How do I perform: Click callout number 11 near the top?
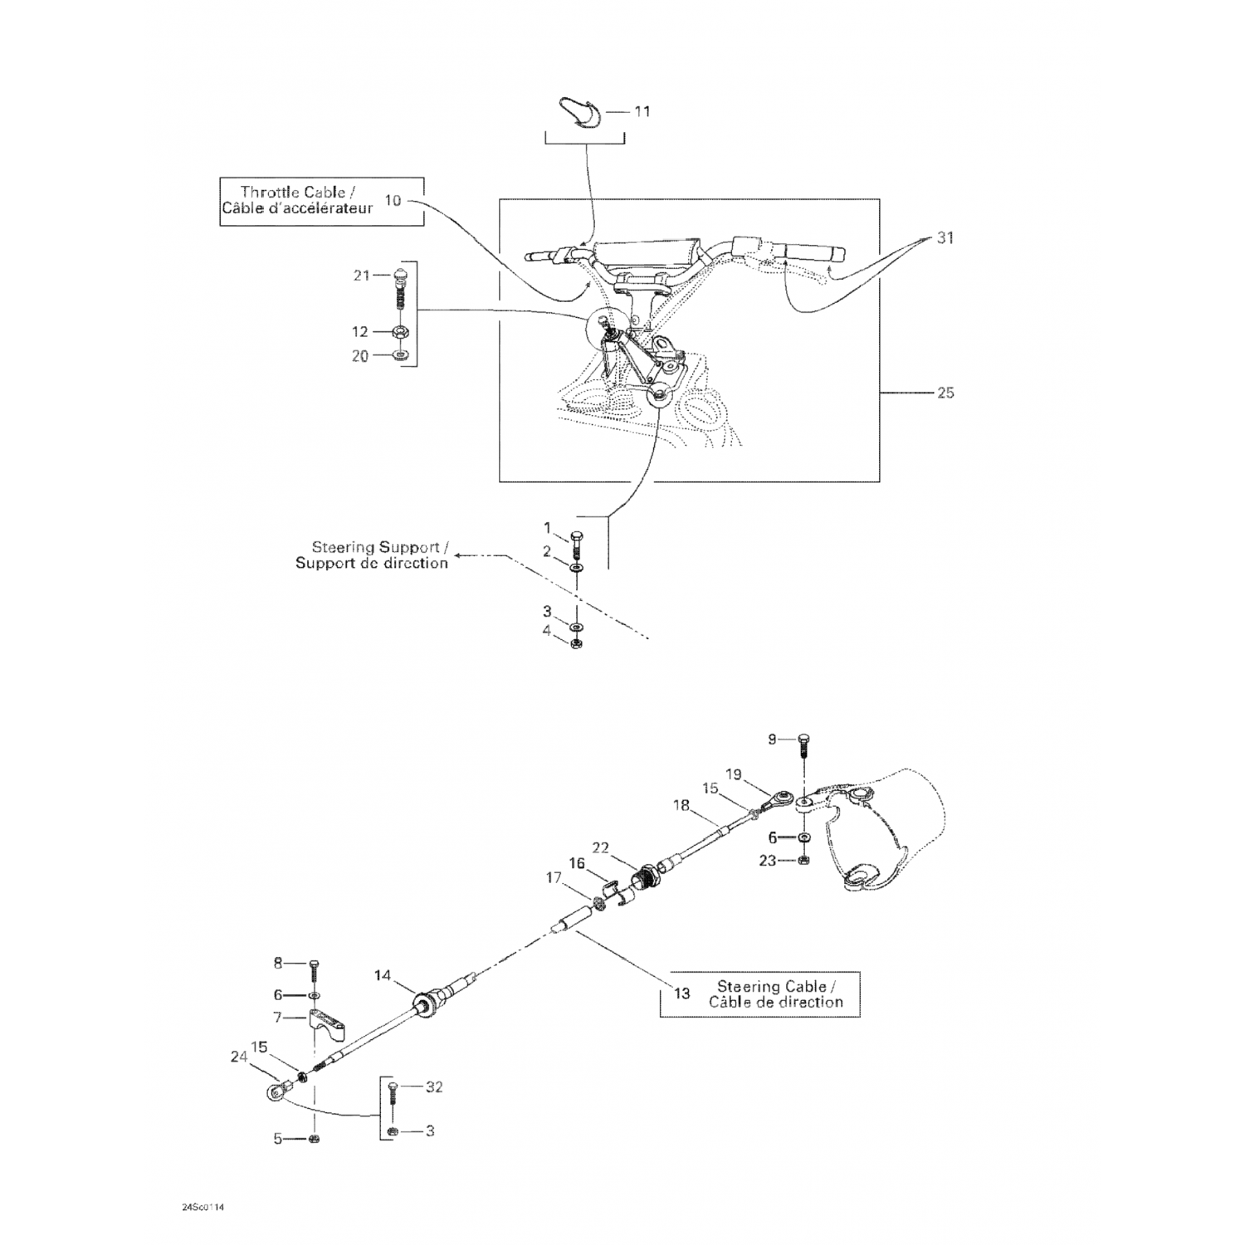point(642,111)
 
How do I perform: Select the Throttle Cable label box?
point(321,201)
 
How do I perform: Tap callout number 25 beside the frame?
point(945,393)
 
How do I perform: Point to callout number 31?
point(945,238)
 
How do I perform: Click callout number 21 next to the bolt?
point(361,276)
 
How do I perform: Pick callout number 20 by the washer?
point(359,356)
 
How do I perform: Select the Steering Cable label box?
point(759,994)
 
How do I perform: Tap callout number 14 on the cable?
point(382,976)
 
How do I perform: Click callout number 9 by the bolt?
point(772,739)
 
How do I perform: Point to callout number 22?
point(601,847)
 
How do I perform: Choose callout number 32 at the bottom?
point(434,1087)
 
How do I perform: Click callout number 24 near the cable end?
point(239,1057)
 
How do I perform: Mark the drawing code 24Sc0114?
point(203,1208)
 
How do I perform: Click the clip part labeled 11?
point(583,113)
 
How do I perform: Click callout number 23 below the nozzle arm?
point(768,861)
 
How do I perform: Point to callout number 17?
point(554,876)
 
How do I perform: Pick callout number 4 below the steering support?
point(547,631)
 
